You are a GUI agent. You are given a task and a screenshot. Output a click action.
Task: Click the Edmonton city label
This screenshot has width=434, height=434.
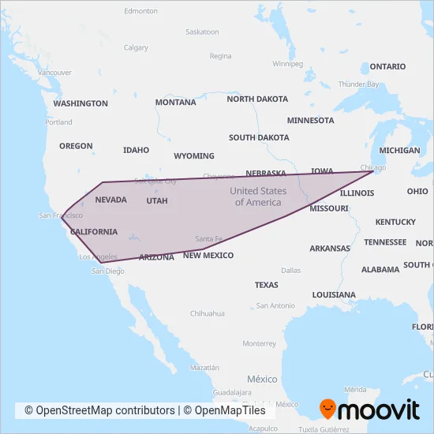(141, 11)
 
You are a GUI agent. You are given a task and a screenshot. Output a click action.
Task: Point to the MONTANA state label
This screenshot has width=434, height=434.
(175, 103)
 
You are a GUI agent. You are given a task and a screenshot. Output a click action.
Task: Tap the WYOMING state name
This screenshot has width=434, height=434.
(193, 155)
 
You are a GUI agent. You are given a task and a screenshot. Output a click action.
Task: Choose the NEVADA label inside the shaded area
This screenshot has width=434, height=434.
(110, 200)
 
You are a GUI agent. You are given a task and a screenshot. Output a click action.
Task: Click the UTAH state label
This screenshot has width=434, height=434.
(157, 200)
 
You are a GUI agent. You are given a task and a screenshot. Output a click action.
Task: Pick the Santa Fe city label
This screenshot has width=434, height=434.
(209, 238)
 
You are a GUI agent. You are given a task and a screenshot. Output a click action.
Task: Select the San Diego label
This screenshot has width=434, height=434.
(108, 271)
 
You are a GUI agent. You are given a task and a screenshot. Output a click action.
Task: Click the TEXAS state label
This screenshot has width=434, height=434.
(266, 285)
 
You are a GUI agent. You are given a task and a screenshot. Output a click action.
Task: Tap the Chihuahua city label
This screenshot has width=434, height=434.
(207, 313)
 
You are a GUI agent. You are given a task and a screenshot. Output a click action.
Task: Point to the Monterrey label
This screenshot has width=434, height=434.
(260, 343)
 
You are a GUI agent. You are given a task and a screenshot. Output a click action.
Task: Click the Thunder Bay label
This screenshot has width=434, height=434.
(359, 84)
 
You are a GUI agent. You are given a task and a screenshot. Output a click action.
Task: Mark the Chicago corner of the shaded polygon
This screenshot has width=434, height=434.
(373, 171)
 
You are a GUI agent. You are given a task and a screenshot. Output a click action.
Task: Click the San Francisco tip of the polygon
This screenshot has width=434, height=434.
(62, 215)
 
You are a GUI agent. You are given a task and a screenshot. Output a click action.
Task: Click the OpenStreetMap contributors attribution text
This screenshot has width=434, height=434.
(99, 410)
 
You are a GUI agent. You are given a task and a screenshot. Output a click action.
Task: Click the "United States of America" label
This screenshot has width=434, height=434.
(258, 196)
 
